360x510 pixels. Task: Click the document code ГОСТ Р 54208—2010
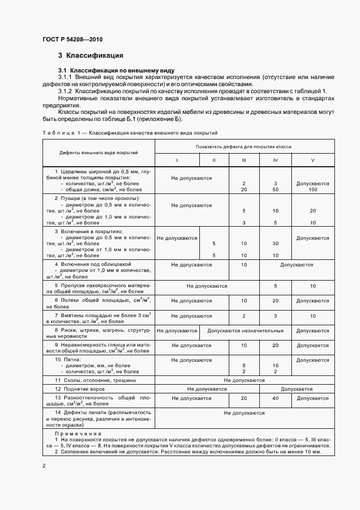point(72,40)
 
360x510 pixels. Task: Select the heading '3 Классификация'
point(90,56)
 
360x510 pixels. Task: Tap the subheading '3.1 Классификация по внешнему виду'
point(116,71)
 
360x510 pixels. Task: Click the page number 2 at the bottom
point(44,466)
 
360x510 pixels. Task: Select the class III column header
point(244,160)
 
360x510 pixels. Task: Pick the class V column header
point(313,160)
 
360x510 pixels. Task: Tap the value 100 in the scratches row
point(313,190)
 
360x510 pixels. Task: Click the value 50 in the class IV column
point(276,190)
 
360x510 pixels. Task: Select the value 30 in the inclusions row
point(276,244)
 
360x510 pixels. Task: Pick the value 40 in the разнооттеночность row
point(276,398)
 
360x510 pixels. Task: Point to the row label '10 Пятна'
point(68,360)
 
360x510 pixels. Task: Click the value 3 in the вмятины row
point(276,316)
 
